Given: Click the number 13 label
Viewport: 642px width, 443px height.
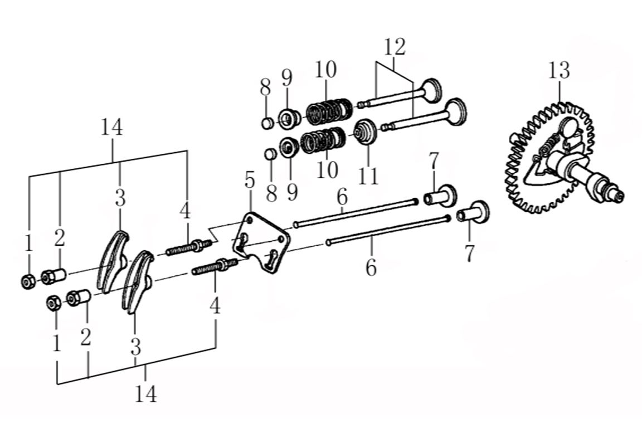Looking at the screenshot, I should pos(558,71).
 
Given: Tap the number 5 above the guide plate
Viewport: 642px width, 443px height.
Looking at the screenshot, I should pos(249,181).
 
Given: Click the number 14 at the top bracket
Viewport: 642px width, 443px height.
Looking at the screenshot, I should pos(111,128).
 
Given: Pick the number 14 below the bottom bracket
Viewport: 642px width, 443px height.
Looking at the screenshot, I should pos(145,394).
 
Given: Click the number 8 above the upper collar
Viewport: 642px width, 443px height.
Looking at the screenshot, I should pos(265,87).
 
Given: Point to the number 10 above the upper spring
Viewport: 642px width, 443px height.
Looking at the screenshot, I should pos(325,70).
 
